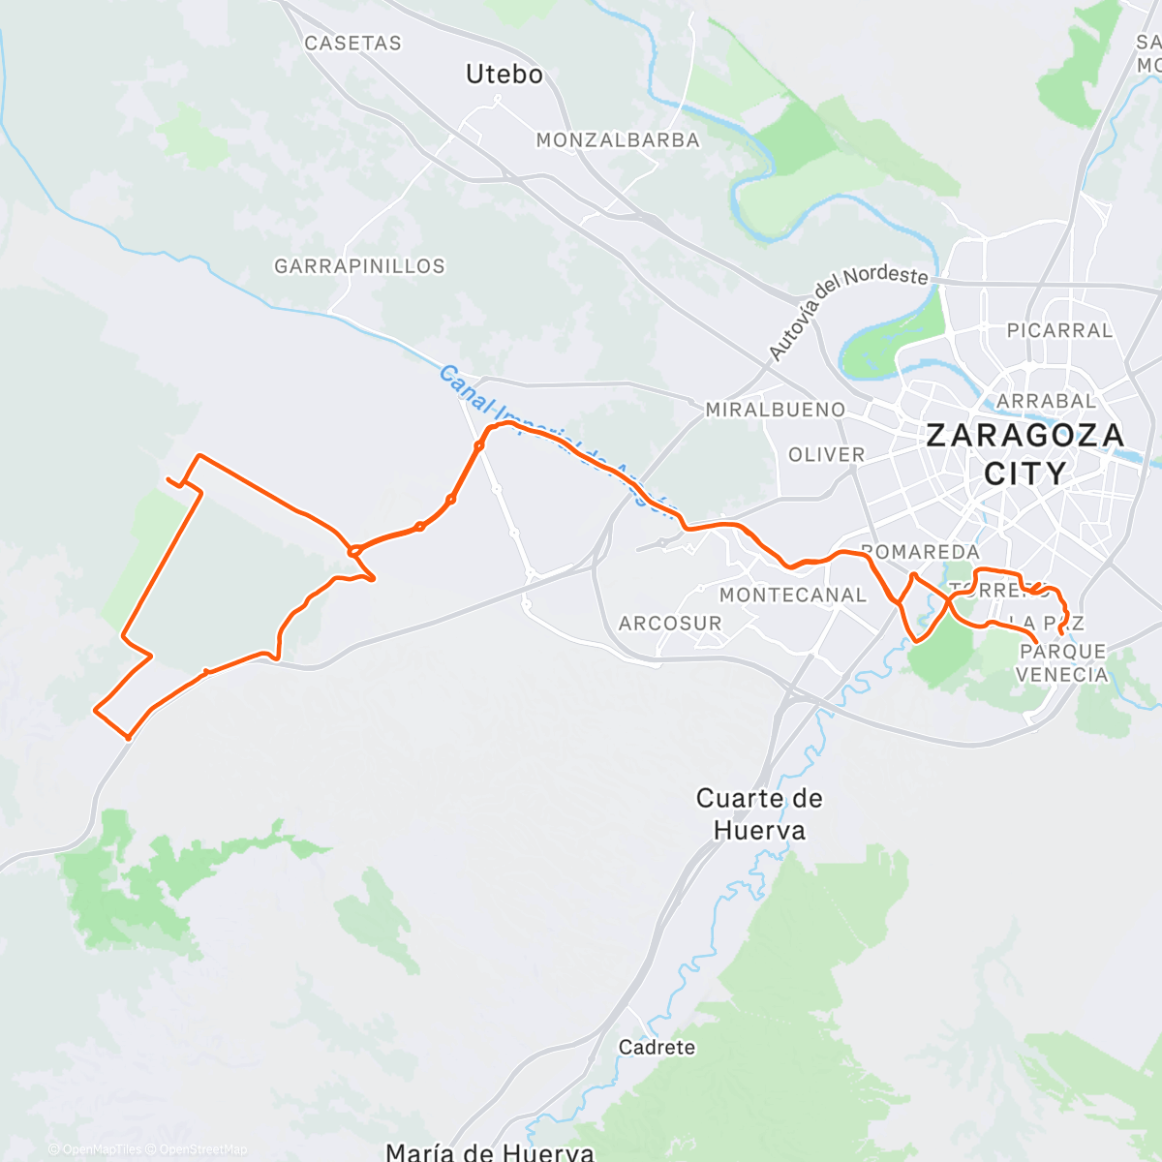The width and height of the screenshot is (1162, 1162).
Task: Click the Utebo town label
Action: pyautogui.click(x=504, y=75)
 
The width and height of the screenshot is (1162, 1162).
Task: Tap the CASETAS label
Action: pyautogui.click(x=352, y=44)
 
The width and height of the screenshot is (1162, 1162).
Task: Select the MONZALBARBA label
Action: pyautogui.click(x=618, y=140)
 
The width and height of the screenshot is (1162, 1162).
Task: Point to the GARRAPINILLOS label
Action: pyautogui.click(x=359, y=266)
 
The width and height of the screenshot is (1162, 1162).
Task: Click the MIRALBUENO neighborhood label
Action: pyautogui.click(x=775, y=410)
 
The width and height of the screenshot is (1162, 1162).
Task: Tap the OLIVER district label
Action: pyautogui.click(x=826, y=454)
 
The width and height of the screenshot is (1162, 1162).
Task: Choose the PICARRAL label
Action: pyautogui.click(x=1059, y=330)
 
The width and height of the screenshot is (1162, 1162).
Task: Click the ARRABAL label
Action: pyautogui.click(x=1046, y=401)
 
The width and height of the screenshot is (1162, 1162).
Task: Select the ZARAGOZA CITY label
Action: pyautogui.click(x=1024, y=453)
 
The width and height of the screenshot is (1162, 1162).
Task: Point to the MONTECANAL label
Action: pyautogui.click(x=792, y=596)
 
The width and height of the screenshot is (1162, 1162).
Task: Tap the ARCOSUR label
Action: pyautogui.click(x=670, y=624)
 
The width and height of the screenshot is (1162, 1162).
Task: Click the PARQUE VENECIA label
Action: pyautogui.click(x=1062, y=663)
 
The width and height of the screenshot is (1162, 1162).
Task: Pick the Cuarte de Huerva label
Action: pyautogui.click(x=759, y=813)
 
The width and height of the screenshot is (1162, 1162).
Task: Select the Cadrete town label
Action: pyautogui.click(x=657, y=1048)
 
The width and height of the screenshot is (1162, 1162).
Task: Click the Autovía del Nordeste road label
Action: pyautogui.click(x=847, y=310)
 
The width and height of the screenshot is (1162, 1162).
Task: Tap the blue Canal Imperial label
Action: pyautogui.click(x=552, y=441)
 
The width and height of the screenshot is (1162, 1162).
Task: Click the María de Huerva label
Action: pyautogui.click(x=489, y=1152)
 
